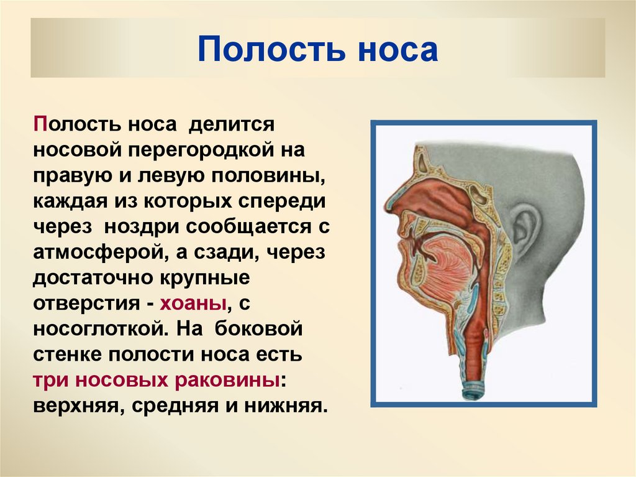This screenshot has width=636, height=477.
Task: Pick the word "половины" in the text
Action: point(274,176)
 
